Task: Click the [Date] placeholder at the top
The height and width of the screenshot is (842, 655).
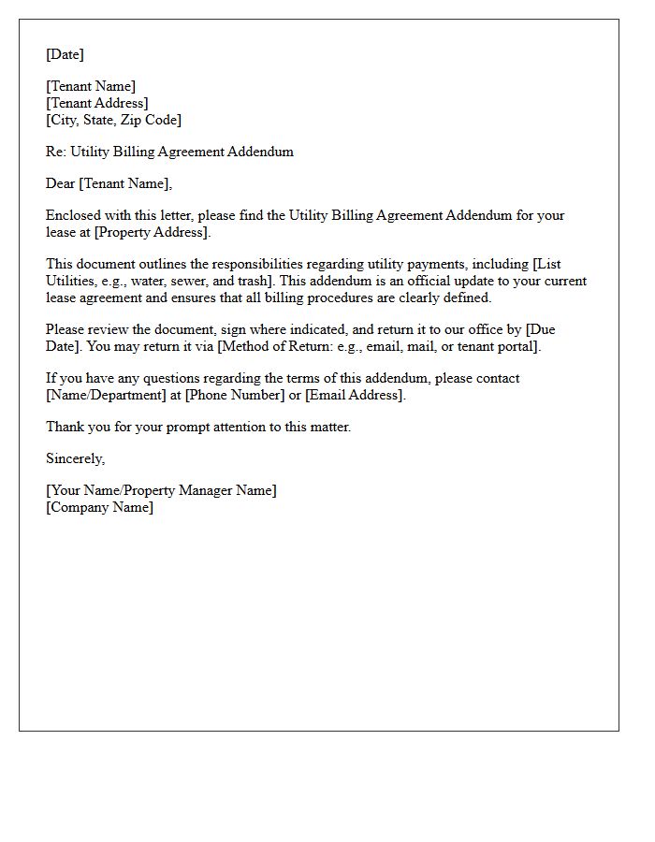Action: point(65,54)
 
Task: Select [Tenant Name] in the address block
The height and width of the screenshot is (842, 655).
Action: point(91,87)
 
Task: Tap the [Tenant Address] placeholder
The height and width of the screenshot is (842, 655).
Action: point(97,103)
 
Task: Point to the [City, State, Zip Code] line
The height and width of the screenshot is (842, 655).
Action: point(113,120)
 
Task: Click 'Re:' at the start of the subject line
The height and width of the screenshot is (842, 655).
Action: point(55,152)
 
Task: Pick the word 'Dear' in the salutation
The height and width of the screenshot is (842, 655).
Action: point(61,183)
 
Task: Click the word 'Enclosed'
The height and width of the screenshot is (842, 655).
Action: point(73,215)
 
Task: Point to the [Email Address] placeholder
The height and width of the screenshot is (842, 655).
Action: point(356,395)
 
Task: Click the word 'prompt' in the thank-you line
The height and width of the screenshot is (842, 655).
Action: point(164,427)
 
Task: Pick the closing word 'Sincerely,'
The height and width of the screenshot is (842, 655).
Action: point(76,458)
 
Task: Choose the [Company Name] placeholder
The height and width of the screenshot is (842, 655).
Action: point(99,507)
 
